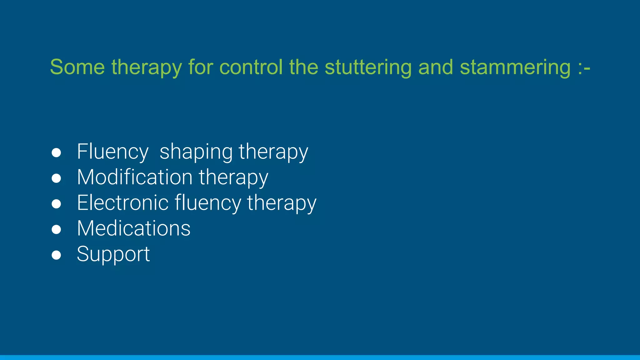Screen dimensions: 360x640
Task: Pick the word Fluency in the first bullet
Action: click(x=112, y=152)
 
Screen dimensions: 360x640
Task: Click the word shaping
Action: click(x=196, y=152)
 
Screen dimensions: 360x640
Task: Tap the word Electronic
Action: click(x=122, y=203)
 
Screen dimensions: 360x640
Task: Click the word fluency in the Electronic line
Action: click(x=208, y=203)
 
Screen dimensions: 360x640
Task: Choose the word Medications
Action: click(x=133, y=228)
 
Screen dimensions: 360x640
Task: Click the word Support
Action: click(x=113, y=254)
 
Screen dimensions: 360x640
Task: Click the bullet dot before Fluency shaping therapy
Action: click(x=56, y=153)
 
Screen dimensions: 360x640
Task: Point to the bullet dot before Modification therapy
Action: click(x=56, y=178)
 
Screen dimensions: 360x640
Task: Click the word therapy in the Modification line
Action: click(x=233, y=177)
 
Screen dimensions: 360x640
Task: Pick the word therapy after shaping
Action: click(x=273, y=152)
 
